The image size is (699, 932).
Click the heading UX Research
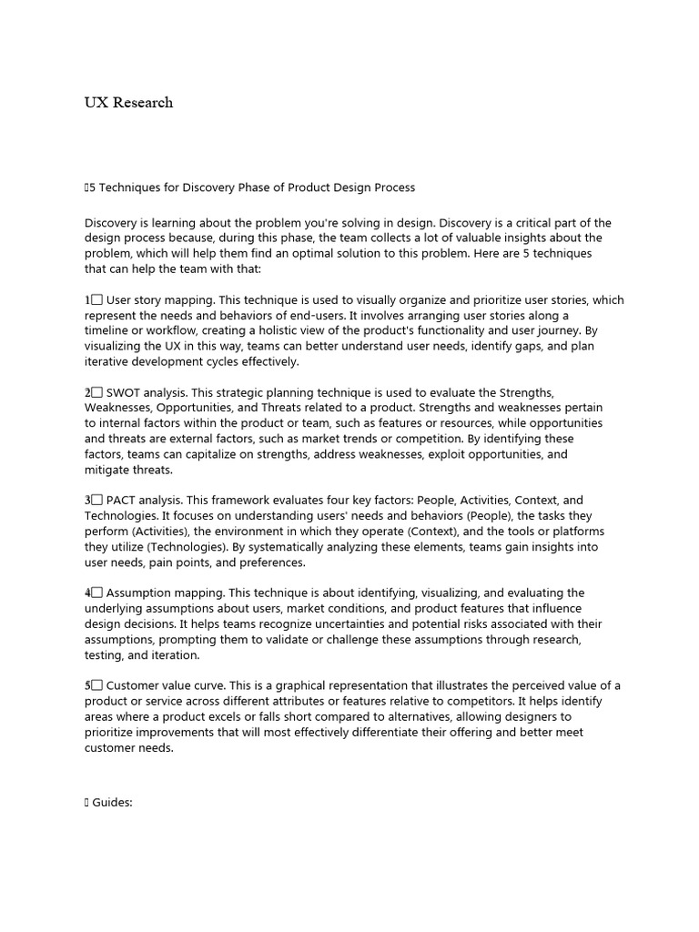(x=128, y=103)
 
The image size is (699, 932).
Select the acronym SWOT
(x=124, y=392)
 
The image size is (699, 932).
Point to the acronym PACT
(x=123, y=501)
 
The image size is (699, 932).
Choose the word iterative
(x=110, y=361)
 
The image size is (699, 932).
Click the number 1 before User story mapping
(x=88, y=299)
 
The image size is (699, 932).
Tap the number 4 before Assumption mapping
(x=88, y=593)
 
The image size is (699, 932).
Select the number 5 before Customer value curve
(x=88, y=685)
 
